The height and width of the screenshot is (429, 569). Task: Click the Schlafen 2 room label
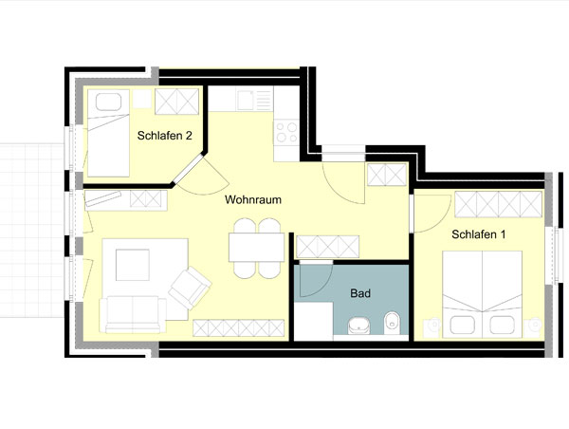(164, 136)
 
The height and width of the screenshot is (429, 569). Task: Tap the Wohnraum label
(253, 199)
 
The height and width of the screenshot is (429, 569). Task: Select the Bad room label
(360, 293)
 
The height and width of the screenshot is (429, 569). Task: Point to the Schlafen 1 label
(478, 234)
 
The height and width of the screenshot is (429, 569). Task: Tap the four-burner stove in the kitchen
(286, 132)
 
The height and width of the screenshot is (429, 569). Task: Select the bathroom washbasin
(358, 326)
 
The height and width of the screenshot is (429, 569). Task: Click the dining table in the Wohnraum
(257, 248)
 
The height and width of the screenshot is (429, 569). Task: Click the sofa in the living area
(133, 314)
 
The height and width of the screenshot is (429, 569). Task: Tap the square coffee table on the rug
(133, 265)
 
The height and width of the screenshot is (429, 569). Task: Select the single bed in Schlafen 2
(108, 133)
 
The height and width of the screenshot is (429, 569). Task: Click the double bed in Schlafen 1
(483, 293)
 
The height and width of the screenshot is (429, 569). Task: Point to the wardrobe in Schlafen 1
(498, 204)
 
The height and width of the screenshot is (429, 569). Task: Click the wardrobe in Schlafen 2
(177, 102)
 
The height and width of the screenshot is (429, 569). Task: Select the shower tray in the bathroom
(314, 321)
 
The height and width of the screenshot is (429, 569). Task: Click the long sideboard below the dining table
(238, 328)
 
